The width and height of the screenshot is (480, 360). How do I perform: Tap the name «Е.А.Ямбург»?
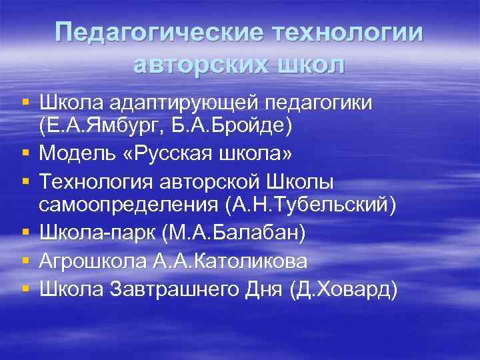(x=97, y=125)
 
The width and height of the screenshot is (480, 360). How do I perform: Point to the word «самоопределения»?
(x=129, y=205)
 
